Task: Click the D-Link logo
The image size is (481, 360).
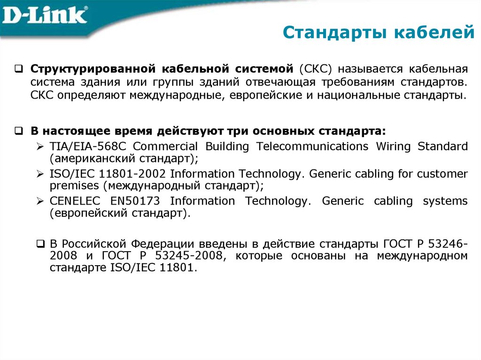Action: [x=45, y=15]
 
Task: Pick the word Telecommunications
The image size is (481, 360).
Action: [x=312, y=146]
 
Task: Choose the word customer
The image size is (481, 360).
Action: [x=442, y=174]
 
